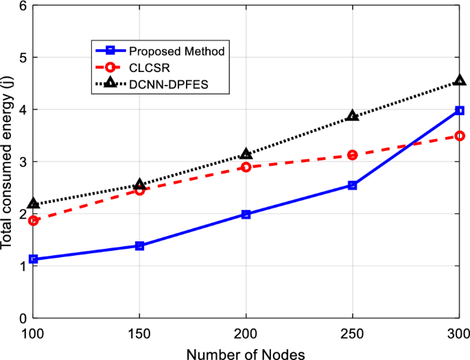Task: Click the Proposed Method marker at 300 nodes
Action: click(x=460, y=110)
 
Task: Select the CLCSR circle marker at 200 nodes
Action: click(x=246, y=167)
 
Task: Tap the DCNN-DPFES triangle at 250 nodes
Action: click(x=353, y=116)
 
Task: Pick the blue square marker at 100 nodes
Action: click(x=34, y=259)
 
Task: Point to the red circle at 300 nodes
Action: click(x=460, y=136)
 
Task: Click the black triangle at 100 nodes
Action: click(x=34, y=204)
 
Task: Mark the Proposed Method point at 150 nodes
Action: click(x=140, y=245)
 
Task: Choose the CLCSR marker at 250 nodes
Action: click(x=353, y=155)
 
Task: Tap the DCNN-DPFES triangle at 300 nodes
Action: click(x=460, y=82)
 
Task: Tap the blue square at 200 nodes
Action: click(x=246, y=215)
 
